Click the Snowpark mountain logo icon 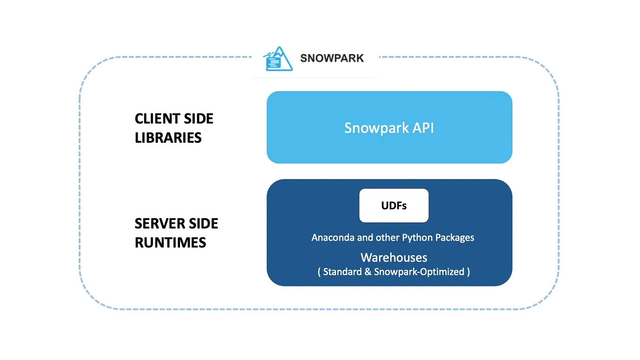279,59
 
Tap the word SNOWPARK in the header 332,58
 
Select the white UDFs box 394,205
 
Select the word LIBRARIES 168,138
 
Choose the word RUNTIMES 170,242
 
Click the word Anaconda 333,237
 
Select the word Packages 455,237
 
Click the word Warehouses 394,257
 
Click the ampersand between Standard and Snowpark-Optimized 368,272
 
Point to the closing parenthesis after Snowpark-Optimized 468,272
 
